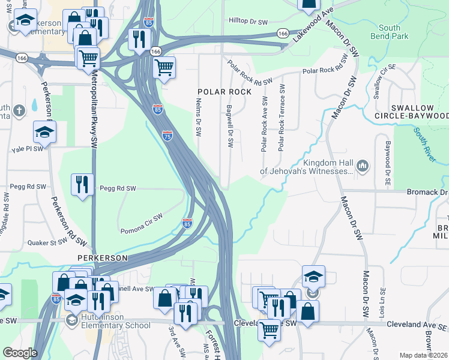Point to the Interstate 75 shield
[168, 136]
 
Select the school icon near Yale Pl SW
[44, 132]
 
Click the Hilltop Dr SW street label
[248, 21]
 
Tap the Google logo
[20, 353]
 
